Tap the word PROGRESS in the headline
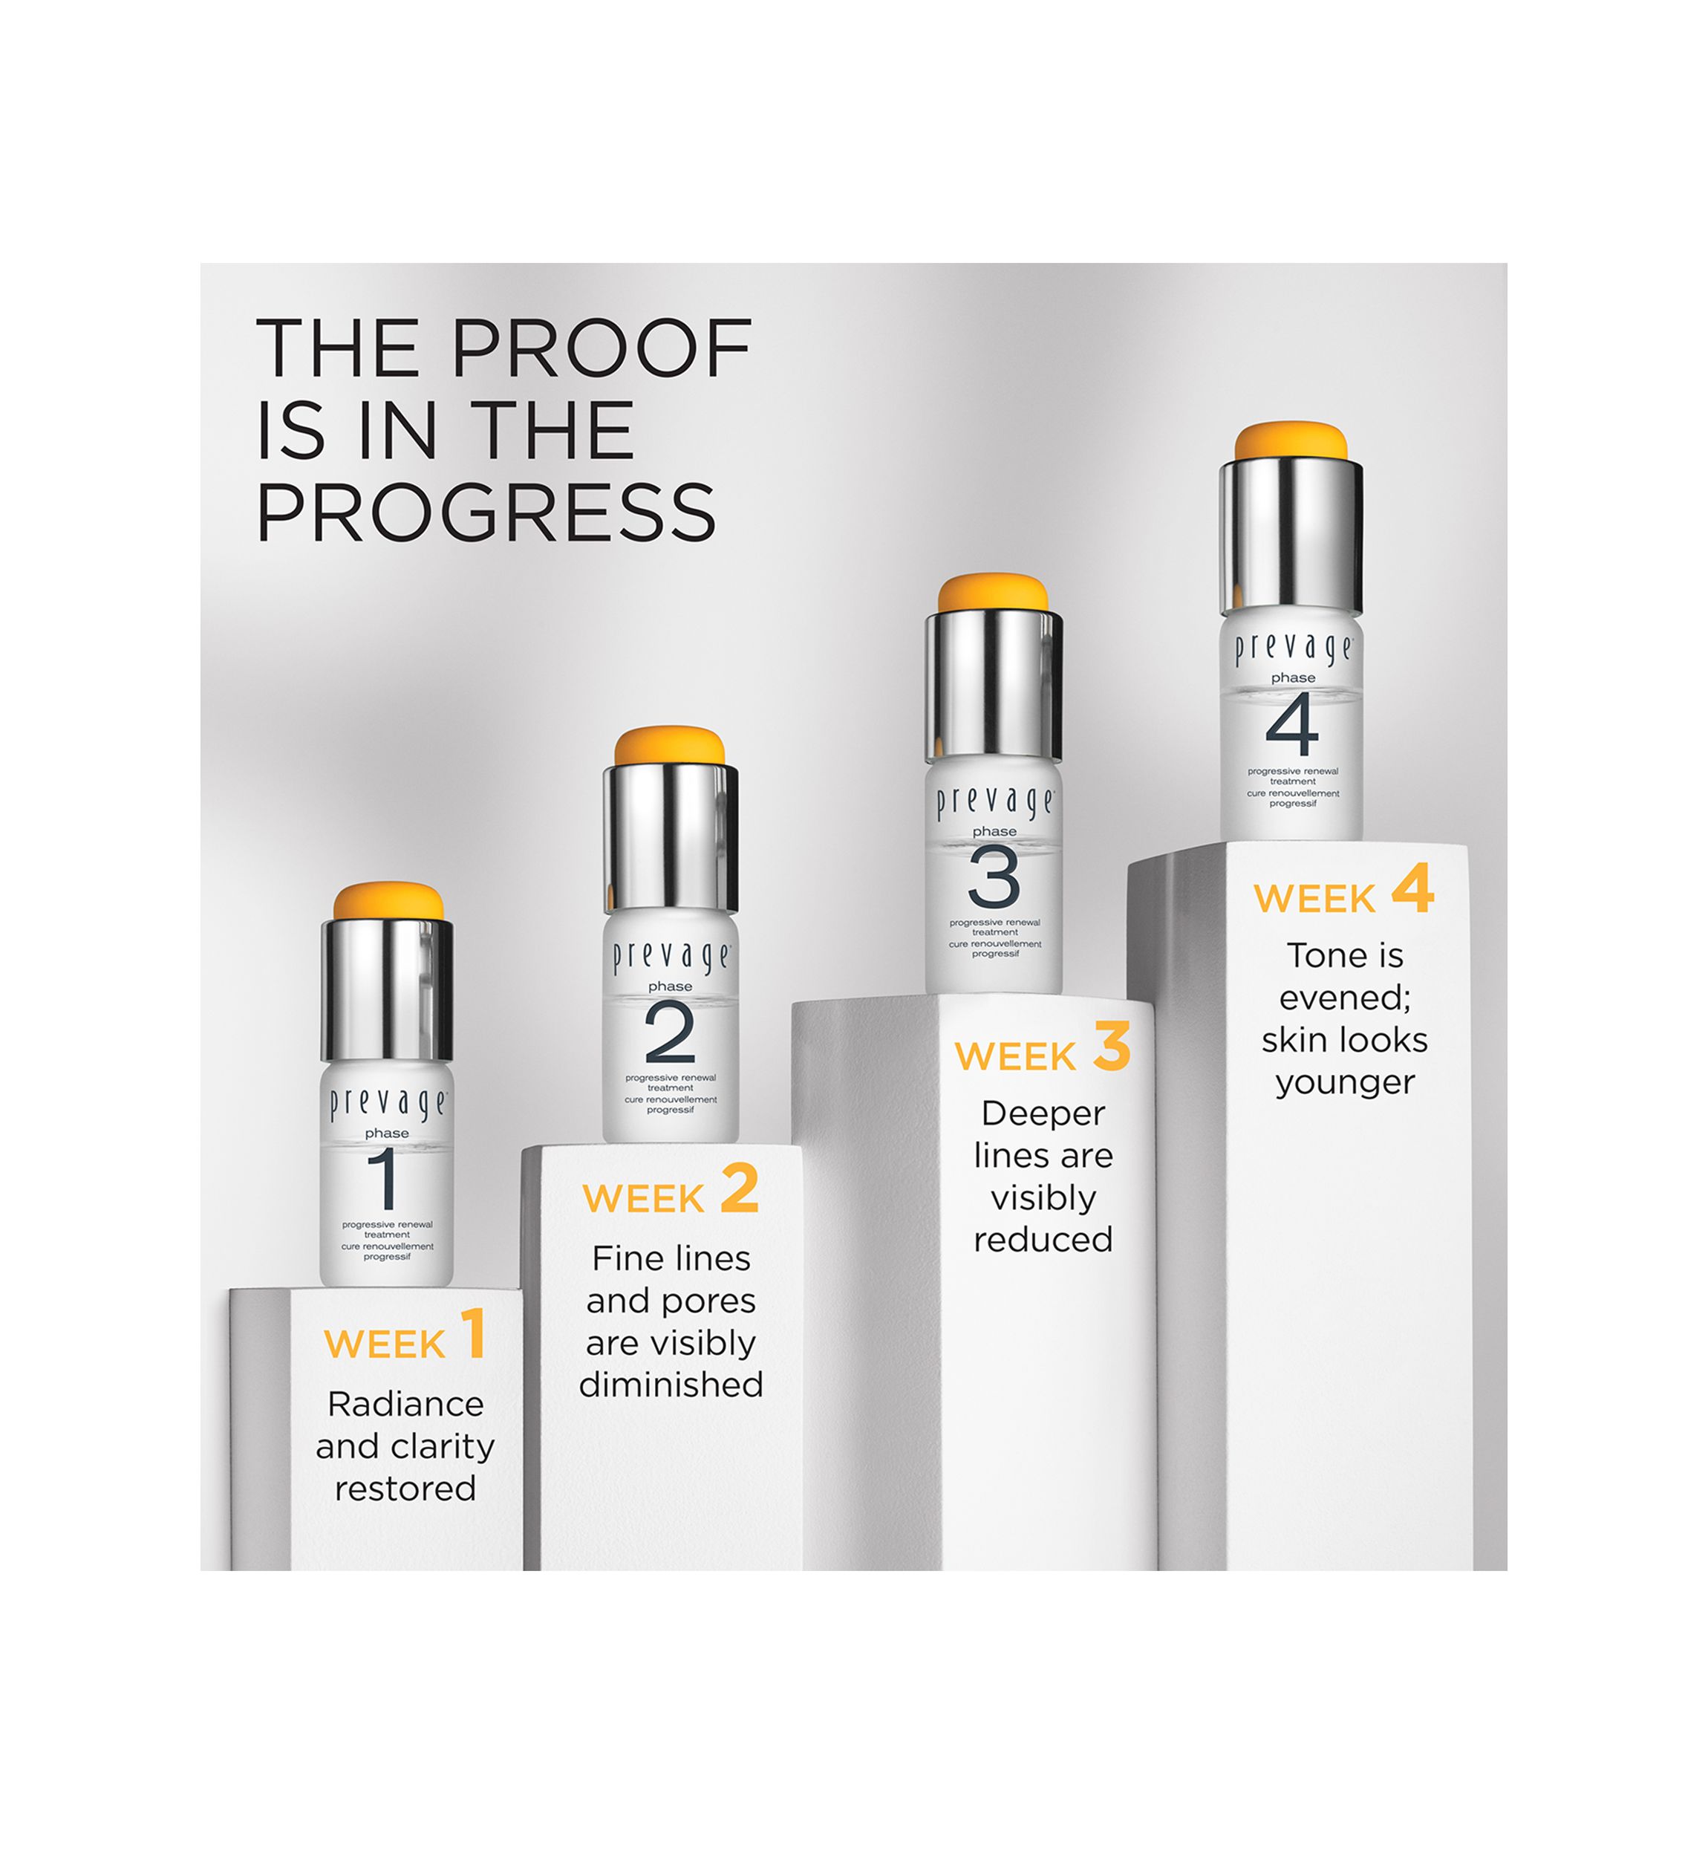click(x=486, y=512)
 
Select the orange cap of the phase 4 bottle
click(x=1291, y=442)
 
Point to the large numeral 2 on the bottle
click(x=670, y=1032)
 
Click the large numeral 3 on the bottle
click(x=994, y=877)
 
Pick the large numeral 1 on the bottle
click(x=384, y=1179)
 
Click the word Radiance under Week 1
click(x=405, y=1404)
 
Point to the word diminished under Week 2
click(x=671, y=1385)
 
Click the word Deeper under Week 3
click(x=1043, y=1115)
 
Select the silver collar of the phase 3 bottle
click(x=994, y=685)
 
